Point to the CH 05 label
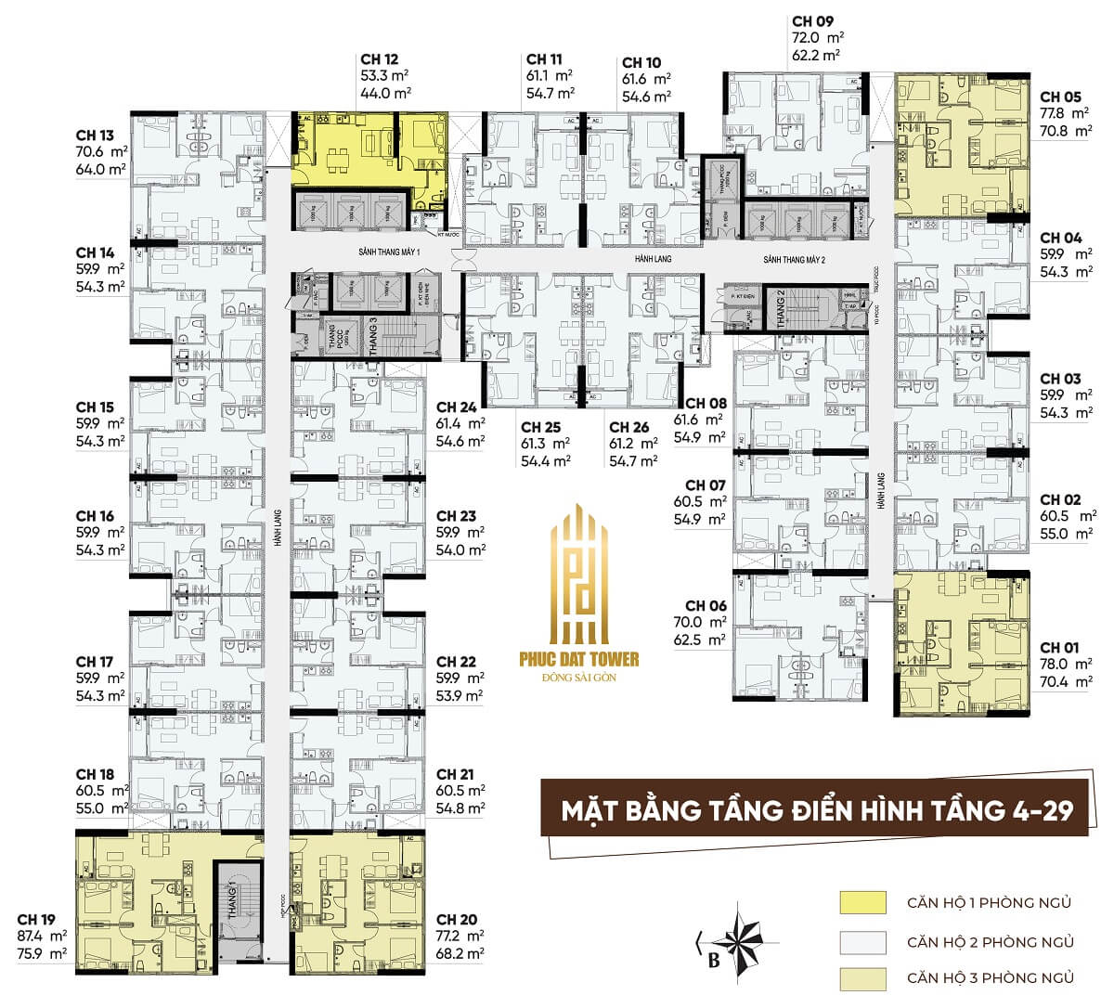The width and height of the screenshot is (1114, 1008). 1060,97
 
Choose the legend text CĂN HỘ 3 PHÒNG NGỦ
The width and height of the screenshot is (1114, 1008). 991,977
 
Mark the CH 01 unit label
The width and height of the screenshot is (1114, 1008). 1060,647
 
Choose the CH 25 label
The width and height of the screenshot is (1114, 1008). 541,427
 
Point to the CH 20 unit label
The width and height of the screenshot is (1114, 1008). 456,920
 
